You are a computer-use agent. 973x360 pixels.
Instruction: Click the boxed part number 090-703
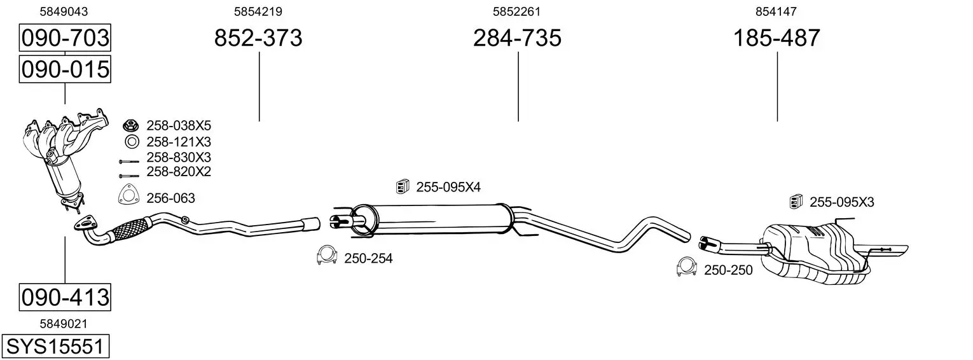(x=65, y=38)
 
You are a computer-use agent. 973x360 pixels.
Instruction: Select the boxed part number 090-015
(x=65, y=69)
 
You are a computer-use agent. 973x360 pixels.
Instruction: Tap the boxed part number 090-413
(x=65, y=297)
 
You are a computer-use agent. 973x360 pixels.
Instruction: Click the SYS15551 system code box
(x=55, y=346)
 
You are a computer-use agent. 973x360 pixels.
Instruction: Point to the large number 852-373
(x=258, y=38)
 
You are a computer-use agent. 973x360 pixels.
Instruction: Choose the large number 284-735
(x=517, y=38)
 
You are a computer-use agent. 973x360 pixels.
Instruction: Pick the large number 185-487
(x=776, y=38)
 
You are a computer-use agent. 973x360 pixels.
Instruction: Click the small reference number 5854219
(x=258, y=11)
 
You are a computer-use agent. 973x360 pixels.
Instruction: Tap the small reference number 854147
(x=776, y=11)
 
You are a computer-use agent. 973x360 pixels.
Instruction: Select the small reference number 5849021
(x=64, y=324)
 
